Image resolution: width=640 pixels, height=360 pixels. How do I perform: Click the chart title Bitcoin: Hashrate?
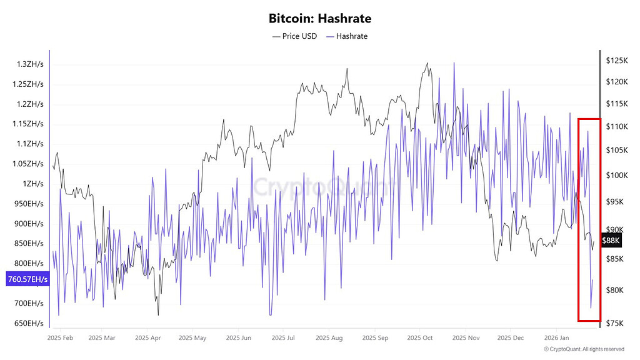[320, 19]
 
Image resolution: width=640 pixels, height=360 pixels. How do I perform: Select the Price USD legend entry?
[295, 36]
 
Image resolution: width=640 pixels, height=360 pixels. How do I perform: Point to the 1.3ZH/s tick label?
[30, 64]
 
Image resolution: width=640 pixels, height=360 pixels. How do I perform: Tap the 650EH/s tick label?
[29, 324]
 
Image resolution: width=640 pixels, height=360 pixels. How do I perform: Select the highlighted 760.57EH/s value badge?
[27, 279]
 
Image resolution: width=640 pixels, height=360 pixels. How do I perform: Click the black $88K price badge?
[610, 240]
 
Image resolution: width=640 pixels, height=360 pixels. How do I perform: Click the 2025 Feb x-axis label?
[60, 338]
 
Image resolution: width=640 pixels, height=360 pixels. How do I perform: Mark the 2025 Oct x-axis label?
[420, 338]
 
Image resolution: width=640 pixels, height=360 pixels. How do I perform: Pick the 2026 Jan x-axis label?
[557, 338]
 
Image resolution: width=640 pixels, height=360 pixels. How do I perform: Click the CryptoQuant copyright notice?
[584, 349]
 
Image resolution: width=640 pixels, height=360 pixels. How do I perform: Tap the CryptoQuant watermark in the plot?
[320, 185]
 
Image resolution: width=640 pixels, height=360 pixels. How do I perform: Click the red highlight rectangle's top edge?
[589, 119]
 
